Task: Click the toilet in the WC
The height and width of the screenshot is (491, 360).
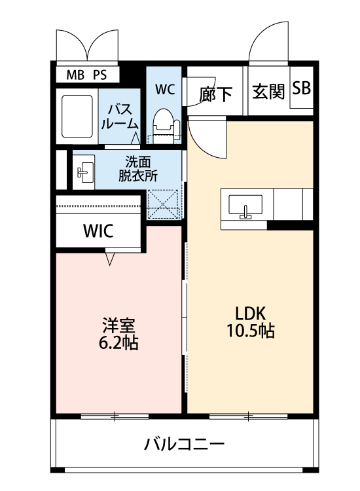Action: click(x=163, y=124)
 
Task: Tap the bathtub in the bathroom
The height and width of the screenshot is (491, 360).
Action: click(x=77, y=116)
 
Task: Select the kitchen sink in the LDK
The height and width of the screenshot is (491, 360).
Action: click(x=245, y=207)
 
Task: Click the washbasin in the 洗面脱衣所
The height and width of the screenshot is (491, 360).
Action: click(x=84, y=172)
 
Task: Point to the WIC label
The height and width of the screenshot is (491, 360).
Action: click(x=98, y=231)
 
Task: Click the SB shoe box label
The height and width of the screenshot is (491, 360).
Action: click(x=301, y=88)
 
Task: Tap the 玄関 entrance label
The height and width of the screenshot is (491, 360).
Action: click(x=268, y=92)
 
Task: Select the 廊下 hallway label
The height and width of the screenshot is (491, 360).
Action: click(x=216, y=94)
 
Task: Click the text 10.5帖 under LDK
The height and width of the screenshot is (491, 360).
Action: click(x=251, y=331)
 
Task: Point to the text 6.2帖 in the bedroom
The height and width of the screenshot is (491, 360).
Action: click(x=118, y=342)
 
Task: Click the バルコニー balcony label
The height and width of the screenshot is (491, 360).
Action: click(x=184, y=444)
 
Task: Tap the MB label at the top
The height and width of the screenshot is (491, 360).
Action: click(x=75, y=75)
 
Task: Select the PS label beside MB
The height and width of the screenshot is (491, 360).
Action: click(x=100, y=75)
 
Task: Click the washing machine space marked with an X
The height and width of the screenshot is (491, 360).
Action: click(x=163, y=204)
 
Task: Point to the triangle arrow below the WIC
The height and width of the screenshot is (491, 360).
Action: click(x=109, y=259)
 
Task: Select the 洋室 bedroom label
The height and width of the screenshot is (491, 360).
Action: click(x=118, y=325)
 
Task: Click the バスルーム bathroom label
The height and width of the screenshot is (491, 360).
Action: click(x=120, y=117)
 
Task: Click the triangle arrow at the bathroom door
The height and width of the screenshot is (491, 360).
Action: click(x=135, y=138)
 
